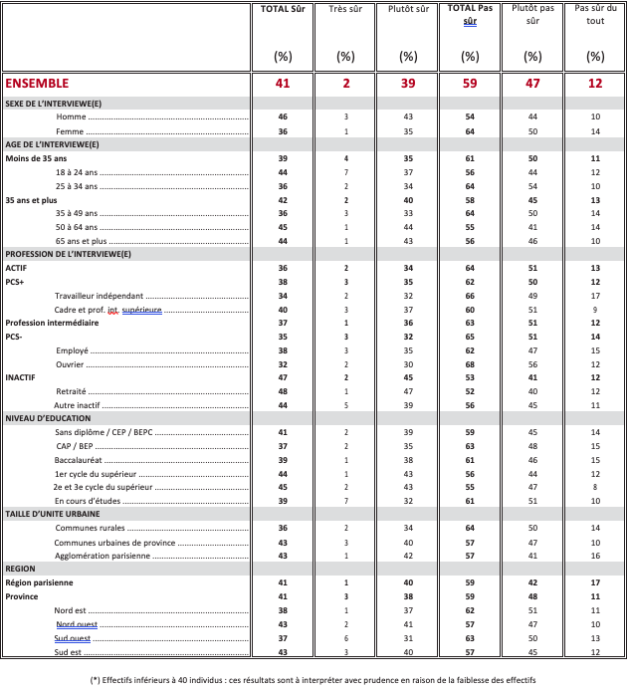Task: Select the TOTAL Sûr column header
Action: tap(282, 10)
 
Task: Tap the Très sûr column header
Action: tap(345, 10)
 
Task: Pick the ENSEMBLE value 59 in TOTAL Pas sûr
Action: tap(470, 84)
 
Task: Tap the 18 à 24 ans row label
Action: tap(77, 172)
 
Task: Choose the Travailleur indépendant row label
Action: tap(100, 296)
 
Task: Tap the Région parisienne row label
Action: tap(46, 582)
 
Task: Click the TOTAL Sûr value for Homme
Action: tap(282, 117)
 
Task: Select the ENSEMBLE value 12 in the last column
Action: tap(595, 84)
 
